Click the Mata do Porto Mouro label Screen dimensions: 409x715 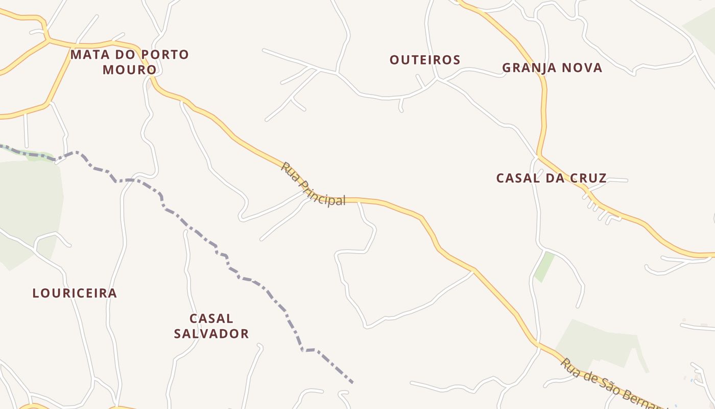[x=130, y=62]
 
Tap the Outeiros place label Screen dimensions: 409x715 [x=425, y=60]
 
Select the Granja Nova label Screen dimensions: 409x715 [x=552, y=67]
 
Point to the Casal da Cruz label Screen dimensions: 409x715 [x=552, y=178]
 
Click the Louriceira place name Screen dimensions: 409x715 [x=75, y=293]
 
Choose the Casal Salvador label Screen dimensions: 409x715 [x=211, y=326]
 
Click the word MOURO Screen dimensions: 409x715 [x=130, y=70]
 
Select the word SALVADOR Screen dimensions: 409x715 [x=211, y=334]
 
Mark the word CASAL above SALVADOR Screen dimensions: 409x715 [x=211, y=319]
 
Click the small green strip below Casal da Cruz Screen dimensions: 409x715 [x=544, y=266]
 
